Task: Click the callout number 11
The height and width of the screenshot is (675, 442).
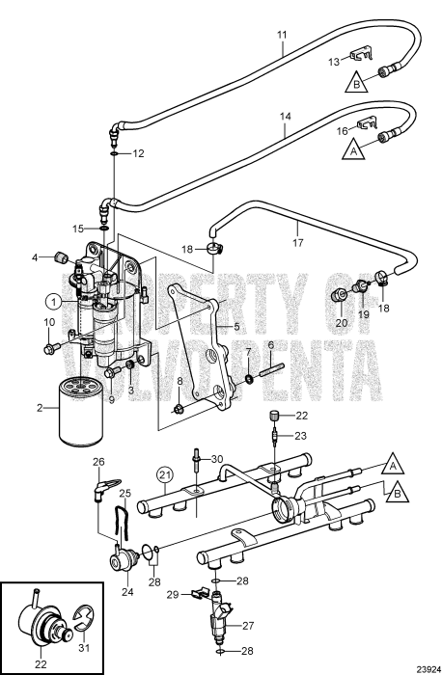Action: (282, 36)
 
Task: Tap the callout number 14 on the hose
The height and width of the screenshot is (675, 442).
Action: (285, 116)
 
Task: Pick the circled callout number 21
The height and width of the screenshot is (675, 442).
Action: (165, 473)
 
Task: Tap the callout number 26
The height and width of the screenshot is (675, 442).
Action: (97, 462)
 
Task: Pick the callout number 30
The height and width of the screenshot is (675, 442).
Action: (216, 458)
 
